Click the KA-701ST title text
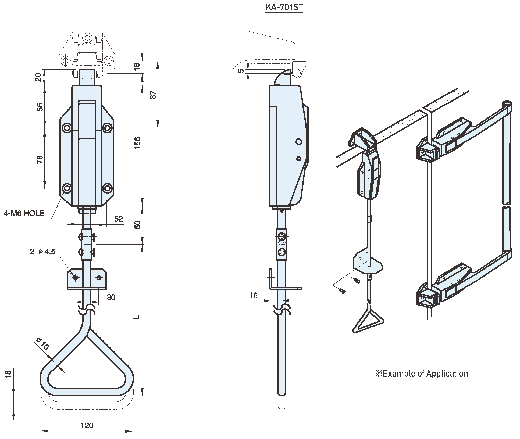[284, 7]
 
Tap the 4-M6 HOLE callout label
[24, 214]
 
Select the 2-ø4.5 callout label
[42, 252]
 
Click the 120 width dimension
[87, 425]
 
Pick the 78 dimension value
[40, 159]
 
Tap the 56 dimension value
[40, 107]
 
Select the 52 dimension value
[118, 219]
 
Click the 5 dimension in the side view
[241, 71]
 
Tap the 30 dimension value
[111, 297]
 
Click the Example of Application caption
[421, 374]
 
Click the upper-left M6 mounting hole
[67, 128]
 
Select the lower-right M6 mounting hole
[108, 188]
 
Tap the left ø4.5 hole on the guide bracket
[75, 277]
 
